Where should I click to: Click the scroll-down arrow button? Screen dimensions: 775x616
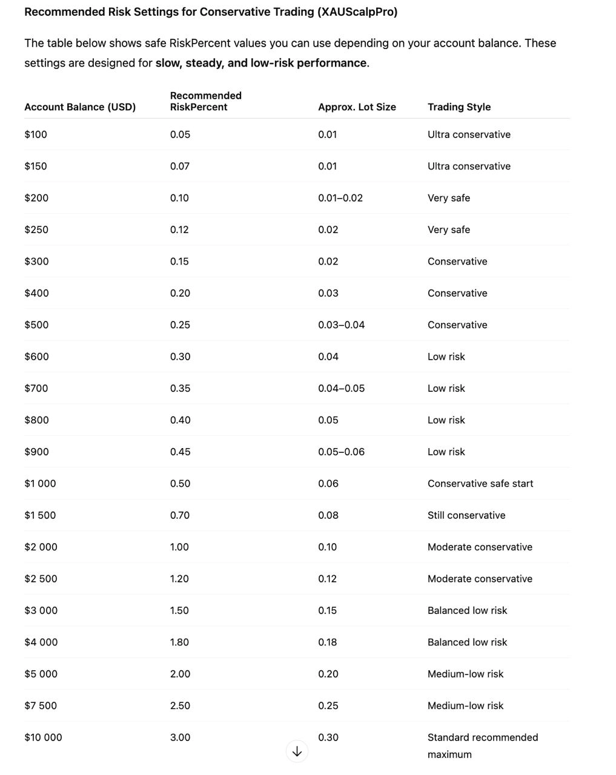click(297, 751)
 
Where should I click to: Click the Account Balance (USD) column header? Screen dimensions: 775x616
click(80, 107)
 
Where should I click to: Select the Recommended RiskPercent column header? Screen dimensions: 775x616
click(205, 101)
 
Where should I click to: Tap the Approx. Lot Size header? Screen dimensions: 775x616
click(357, 107)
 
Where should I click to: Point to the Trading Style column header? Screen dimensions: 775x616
click(459, 107)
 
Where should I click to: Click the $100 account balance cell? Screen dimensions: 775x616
click(36, 134)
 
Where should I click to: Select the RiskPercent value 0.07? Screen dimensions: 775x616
click(180, 166)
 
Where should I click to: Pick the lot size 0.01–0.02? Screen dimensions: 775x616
click(340, 198)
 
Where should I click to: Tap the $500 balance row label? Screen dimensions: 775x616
click(36, 325)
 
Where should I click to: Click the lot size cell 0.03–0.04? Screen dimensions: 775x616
click(342, 325)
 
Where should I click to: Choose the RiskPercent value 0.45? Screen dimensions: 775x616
click(180, 452)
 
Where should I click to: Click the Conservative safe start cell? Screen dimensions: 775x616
click(480, 484)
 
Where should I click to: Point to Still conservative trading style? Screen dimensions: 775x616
click(466, 515)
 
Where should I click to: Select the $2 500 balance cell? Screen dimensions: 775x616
click(41, 579)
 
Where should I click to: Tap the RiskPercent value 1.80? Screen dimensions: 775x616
click(179, 642)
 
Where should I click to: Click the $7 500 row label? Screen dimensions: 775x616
click(41, 706)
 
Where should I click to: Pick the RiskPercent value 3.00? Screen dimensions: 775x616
click(180, 737)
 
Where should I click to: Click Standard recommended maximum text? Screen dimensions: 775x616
click(483, 745)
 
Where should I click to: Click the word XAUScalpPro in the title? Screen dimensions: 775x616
click(357, 12)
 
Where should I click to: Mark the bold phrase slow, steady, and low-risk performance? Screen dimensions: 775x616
click(261, 63)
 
